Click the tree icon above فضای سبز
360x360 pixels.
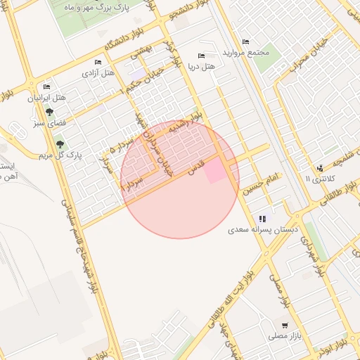point(49,112)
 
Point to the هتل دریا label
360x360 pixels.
point(201,67)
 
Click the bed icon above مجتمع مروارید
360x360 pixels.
point(245,41)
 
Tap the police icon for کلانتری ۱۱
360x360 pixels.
point(321,168)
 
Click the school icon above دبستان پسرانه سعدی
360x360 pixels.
point(263,219)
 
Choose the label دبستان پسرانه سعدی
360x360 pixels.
point(263,230)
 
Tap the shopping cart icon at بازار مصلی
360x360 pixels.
point(284,326)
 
